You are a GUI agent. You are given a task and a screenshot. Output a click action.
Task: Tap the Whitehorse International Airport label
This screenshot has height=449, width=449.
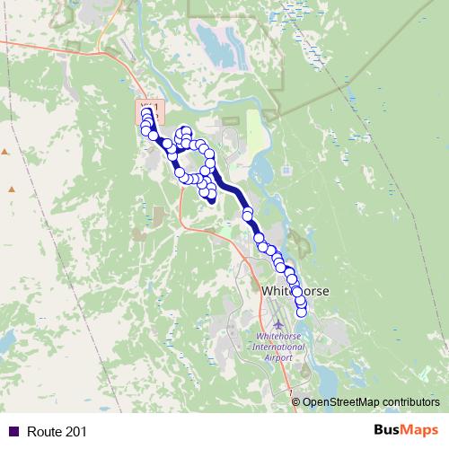pyautogui.click(x=272, y=348)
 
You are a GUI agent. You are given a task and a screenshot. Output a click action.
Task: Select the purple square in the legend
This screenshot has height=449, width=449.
pyautogui.click(x=13, y=432)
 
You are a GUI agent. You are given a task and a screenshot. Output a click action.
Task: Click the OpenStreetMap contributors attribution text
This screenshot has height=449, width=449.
pyautogui.click(x=371, y=401)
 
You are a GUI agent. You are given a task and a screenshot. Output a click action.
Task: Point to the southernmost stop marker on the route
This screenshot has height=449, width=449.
pyautogui.click(x=302, y=312)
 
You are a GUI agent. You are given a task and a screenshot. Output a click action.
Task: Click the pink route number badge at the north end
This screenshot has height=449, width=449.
pyautogui.click(x=149, y=110)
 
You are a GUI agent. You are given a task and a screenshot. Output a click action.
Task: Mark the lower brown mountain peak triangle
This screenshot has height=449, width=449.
pyautogui.click(x=12, y=189)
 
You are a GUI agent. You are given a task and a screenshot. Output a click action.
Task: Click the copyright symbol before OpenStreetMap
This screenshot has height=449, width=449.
pyautogui.click(x=297, y=401)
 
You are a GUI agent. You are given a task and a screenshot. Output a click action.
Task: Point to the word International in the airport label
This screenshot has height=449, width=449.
pyautogui.click(x=272, y=348)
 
